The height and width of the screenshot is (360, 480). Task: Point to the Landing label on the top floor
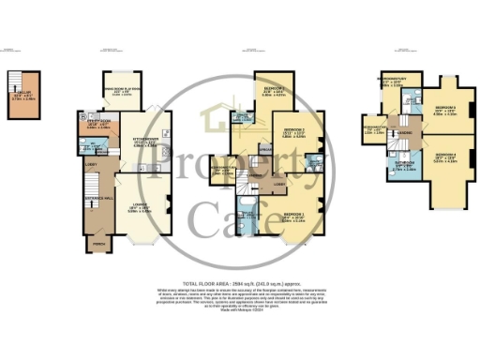pyautogui.click(x=406, y=132)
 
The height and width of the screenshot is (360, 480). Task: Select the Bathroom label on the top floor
pyautogui.click(x=403, y=162)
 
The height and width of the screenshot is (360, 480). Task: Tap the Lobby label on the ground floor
pyautogui.click(x=90, y=165)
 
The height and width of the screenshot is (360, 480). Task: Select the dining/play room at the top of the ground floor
pyautogui.click(x=122, y=88)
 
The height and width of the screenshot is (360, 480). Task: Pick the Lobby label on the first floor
pyautogui.click(x=279, y=183)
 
